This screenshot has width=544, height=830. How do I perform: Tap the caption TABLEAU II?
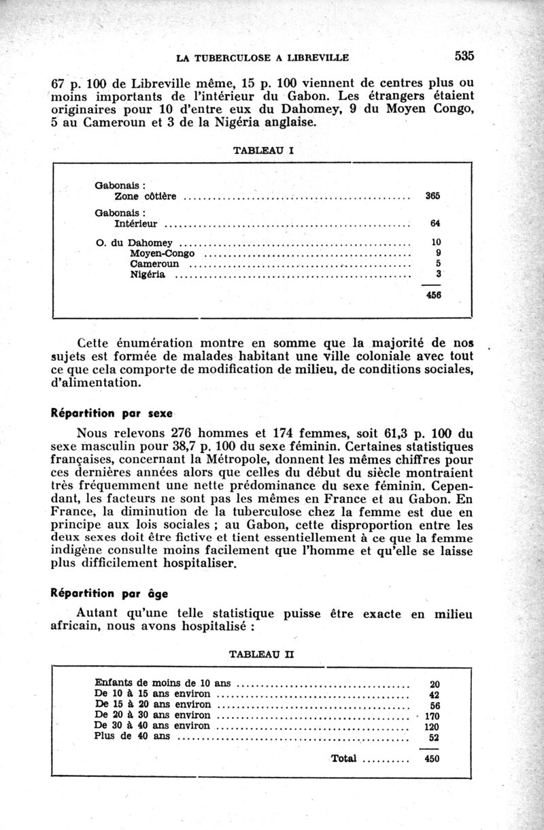click(x=262, y=654)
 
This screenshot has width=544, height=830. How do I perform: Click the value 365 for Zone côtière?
click(x=432, y=196)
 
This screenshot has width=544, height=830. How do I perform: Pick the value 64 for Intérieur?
click(x=435, y=223)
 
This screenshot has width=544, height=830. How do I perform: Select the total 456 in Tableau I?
click(x=432, y=296)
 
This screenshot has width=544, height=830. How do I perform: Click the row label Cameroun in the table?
click(x=154, y=264)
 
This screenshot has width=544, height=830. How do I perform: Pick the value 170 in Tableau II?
click(x=432, y=716)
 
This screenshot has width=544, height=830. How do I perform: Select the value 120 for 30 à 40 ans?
click(x=432, y=726)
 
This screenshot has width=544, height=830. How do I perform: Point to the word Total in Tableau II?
click(x=344, y=759)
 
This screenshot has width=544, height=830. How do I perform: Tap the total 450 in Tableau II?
click(x=432, y=759)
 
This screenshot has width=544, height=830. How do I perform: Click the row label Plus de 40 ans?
click(x=133, y=736)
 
